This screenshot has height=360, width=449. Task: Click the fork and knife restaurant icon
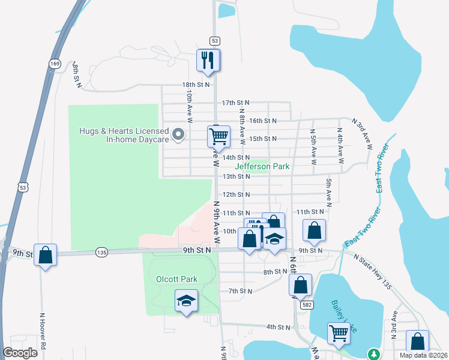208,61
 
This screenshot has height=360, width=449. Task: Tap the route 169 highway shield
55,63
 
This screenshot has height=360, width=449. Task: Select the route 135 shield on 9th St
101,253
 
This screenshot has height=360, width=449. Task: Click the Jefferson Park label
262,166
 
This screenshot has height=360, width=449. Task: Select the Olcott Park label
176,279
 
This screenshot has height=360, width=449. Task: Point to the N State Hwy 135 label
373,272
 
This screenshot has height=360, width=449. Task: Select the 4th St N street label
279,327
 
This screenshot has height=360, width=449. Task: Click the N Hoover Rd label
43,331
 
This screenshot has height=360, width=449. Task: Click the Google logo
20,353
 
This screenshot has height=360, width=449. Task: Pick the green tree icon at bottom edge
373,355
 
